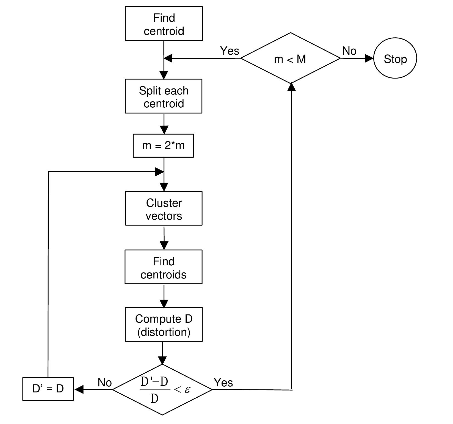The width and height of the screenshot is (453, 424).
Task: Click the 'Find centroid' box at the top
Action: (x=164, y=24)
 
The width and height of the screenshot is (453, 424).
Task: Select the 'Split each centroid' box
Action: (x=164, y=96)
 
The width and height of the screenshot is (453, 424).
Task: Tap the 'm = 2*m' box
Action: (x=163, y=146)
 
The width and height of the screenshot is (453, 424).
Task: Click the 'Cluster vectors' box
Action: (x=164, y=208)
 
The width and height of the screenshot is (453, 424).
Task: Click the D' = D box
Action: (x=48, y=389)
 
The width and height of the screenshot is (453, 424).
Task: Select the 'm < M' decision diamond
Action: (x=290, y=58)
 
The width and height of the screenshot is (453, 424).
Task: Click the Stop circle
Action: (x=395, y=58)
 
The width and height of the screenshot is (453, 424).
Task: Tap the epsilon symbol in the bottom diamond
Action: (x=187, y=389)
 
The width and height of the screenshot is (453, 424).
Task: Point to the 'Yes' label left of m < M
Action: (x=230, y=51)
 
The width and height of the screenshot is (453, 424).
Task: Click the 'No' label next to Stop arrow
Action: (x=349, y=51)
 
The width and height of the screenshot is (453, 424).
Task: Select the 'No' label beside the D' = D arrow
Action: (x=104, y=383)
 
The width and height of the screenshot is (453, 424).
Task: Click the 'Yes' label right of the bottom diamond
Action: (x=223, y=383)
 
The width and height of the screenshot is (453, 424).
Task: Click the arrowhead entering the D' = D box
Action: (x=79, y=389)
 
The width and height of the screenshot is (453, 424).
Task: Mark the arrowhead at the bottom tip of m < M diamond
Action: (x=291, y=87)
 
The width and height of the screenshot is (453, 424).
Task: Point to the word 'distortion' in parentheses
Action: (x=164, y=332)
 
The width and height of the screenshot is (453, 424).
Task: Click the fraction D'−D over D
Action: (x=154, y=389)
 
